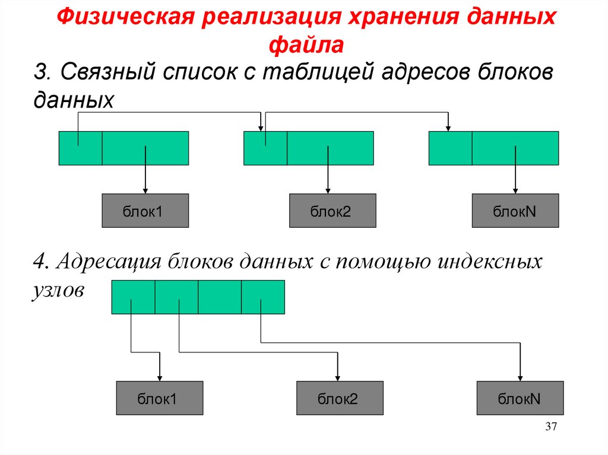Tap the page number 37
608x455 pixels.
tap(550, 428)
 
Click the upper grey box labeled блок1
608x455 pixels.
tap(145, 211)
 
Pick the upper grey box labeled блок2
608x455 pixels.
tap(332, 211)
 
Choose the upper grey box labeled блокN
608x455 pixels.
tap(515, 211)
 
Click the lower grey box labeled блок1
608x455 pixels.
tap(160, 398)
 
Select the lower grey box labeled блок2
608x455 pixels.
tap(340, 398)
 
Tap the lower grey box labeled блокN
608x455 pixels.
tap(520, 398)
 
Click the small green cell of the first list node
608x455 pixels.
tap(80, 148)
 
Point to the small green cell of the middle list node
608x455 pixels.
tap(265, 148)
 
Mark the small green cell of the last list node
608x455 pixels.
tap(451, 148)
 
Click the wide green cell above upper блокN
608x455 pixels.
tap(515, 148)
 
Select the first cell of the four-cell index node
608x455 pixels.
tap(133, 297)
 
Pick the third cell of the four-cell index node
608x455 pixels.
tap(220, 297)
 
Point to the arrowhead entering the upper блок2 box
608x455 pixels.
tap(328, 190)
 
